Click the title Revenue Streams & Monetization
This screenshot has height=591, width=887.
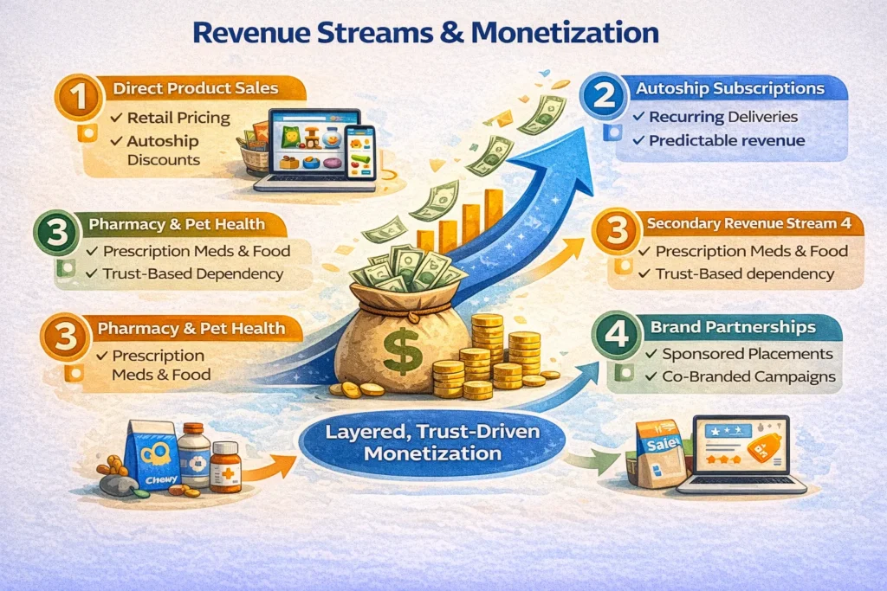coord(424,33)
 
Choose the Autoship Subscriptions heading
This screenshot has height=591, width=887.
coord(729,88)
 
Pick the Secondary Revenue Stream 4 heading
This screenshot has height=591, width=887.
coord(754,224)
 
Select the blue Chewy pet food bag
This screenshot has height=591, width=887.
coord(151,456)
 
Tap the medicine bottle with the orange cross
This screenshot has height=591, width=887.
coord(225,468)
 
